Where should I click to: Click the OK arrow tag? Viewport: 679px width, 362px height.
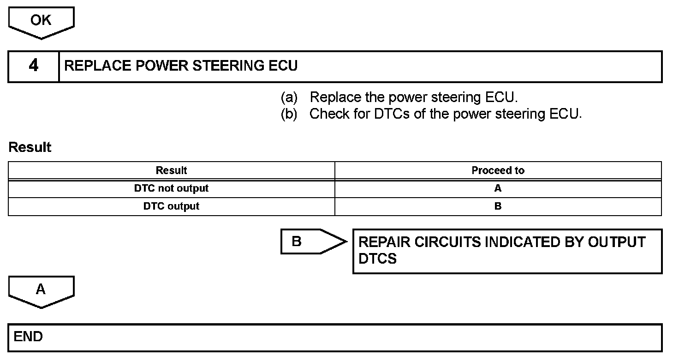pyautogui.click(x=41, y=21)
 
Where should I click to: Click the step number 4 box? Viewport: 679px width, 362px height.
pyautogui.click(x=34, y=66)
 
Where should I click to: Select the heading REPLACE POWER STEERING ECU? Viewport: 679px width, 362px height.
pyautogui.click(x=181, y=66)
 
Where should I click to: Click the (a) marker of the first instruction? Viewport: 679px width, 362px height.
pyautogui.click(x=289, y=97)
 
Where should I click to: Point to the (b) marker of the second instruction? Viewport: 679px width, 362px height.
pyautogui.click(x=289, y=114)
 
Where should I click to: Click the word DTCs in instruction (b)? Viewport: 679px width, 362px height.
pyautogui.click(x=392, y=114)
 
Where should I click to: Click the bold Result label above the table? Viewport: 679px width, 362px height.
pyautogui.click(x=30, y=147)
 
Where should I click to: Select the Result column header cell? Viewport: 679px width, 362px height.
pyautogui.click(x=171, y=170)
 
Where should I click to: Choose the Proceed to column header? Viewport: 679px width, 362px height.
pyautogui.click(x=498, y=170)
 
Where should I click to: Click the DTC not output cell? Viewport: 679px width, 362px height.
pyautogui.click(x=171, y=188)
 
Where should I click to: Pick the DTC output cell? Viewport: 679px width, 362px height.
pyautogui.click(x=171, y=206)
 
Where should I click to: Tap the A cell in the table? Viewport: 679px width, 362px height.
pyautogui.click(x=498, y=188)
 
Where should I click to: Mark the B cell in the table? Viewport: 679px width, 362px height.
pyautogui.click(x=498, y=206)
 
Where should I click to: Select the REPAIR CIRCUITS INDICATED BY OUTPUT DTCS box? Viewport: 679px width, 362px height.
pyautogui.click(x=507, y=251)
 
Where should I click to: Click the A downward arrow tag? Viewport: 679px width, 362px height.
pyautogui.click(x=41, y=290)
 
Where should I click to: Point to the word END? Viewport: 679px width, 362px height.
pyautogui.click(x=28, y=337)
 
